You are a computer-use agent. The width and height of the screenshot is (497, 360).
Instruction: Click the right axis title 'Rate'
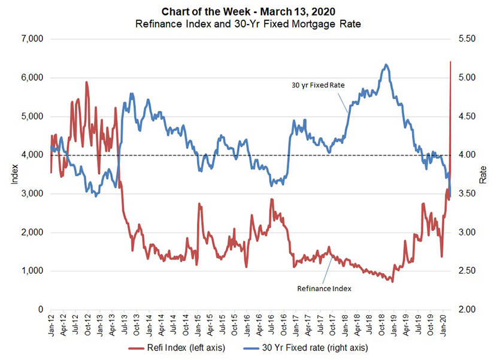pyautogui.click(x=483, y=174)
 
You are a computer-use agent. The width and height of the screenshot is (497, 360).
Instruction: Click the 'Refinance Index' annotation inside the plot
pyautogui.click(x=324, y=288)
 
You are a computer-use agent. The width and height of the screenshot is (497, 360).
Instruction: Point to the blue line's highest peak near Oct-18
pyautogui.click(x=386, y=65)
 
